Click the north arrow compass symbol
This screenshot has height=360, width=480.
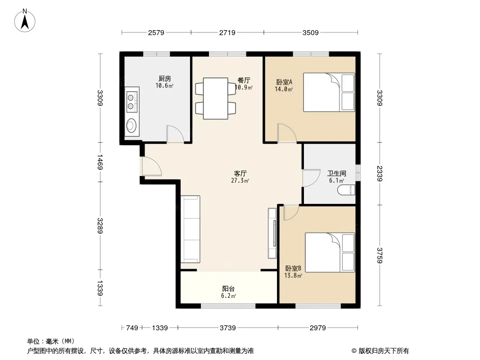(x=25, y=21)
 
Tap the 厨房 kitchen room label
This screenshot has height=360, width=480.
(x=165, y=79)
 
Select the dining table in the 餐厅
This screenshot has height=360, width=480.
(x=216, y=99)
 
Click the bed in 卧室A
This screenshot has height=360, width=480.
(x=329, y=92)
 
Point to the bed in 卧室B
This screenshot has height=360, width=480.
(x=330, y=252)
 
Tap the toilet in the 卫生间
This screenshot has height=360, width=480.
(x=346, y=190)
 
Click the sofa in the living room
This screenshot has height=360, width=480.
(x=190, y=229)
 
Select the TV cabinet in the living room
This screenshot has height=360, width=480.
(x=272, y=234)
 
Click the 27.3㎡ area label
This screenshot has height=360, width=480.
(x=240, y=180)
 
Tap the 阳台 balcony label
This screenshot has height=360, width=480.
(x=228, y=288)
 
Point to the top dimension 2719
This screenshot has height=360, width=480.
(x=227, y=32)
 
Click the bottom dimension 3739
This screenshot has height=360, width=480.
(x=228, y=328)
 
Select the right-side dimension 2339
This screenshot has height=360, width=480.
(x=380, y=173)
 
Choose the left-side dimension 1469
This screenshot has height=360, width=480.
(x=100, y=162)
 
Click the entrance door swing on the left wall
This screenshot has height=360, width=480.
(x=152, y=166)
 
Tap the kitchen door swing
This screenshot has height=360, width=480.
(x=175, y=134)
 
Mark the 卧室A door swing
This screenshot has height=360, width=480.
(x=287, y=133)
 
